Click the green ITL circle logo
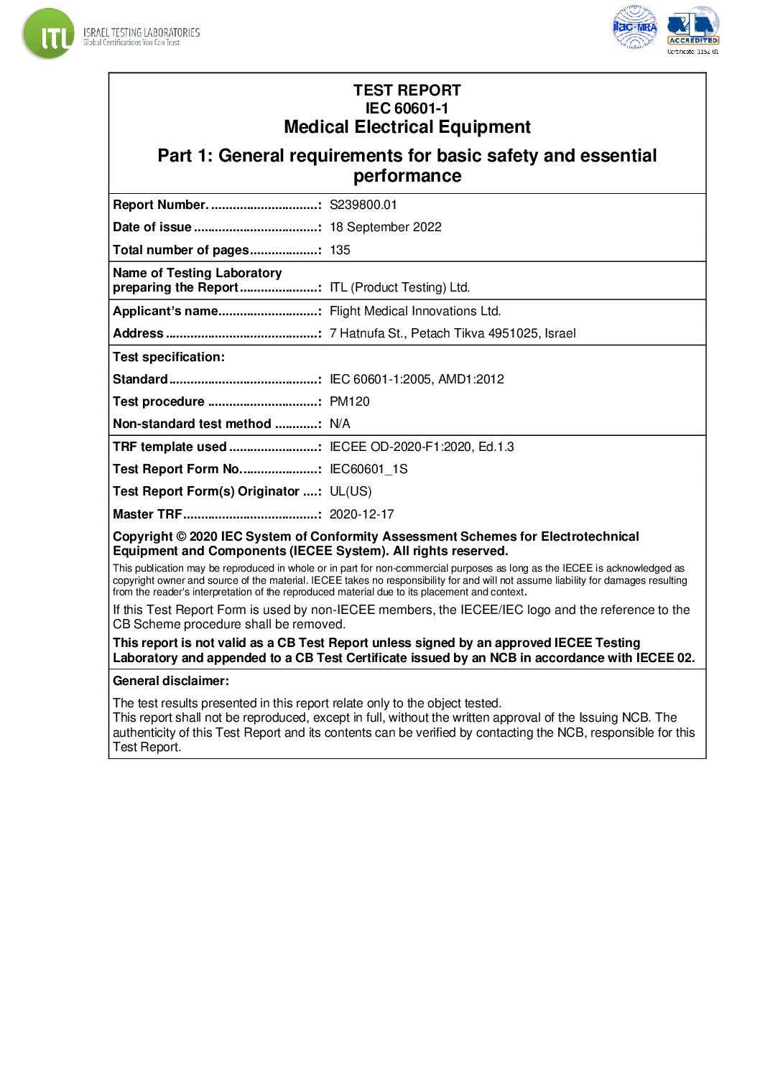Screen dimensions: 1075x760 pos(48,34)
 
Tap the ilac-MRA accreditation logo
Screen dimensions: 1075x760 pos(634,27)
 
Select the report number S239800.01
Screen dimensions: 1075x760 pos(363,205)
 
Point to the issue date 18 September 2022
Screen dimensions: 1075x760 pos(385,227)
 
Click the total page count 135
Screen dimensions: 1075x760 pos(340,250)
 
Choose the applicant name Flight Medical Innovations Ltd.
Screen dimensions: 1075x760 pos(414,311)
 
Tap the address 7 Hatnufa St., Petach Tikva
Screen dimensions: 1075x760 pos(452,333)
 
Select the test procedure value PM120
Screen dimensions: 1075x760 pos(349,401)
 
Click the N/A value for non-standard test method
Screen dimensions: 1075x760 pos(340,424)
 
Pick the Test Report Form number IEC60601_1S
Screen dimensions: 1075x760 pos(368,469)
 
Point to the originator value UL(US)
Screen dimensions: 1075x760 pos(351,491)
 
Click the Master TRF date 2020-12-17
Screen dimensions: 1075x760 pos(361,514)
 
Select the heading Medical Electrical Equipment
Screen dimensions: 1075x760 pos(407,127)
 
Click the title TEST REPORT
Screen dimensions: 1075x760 pos(407,90)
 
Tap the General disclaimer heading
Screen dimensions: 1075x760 pos(171,681)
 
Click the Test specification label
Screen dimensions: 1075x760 pos(169,357)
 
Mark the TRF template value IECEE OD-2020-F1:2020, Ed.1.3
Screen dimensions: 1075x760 pos(422,447)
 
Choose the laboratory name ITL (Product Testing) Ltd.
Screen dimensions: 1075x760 pos(399,287)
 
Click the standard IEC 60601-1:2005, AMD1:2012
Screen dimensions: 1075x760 pos(417,379)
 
